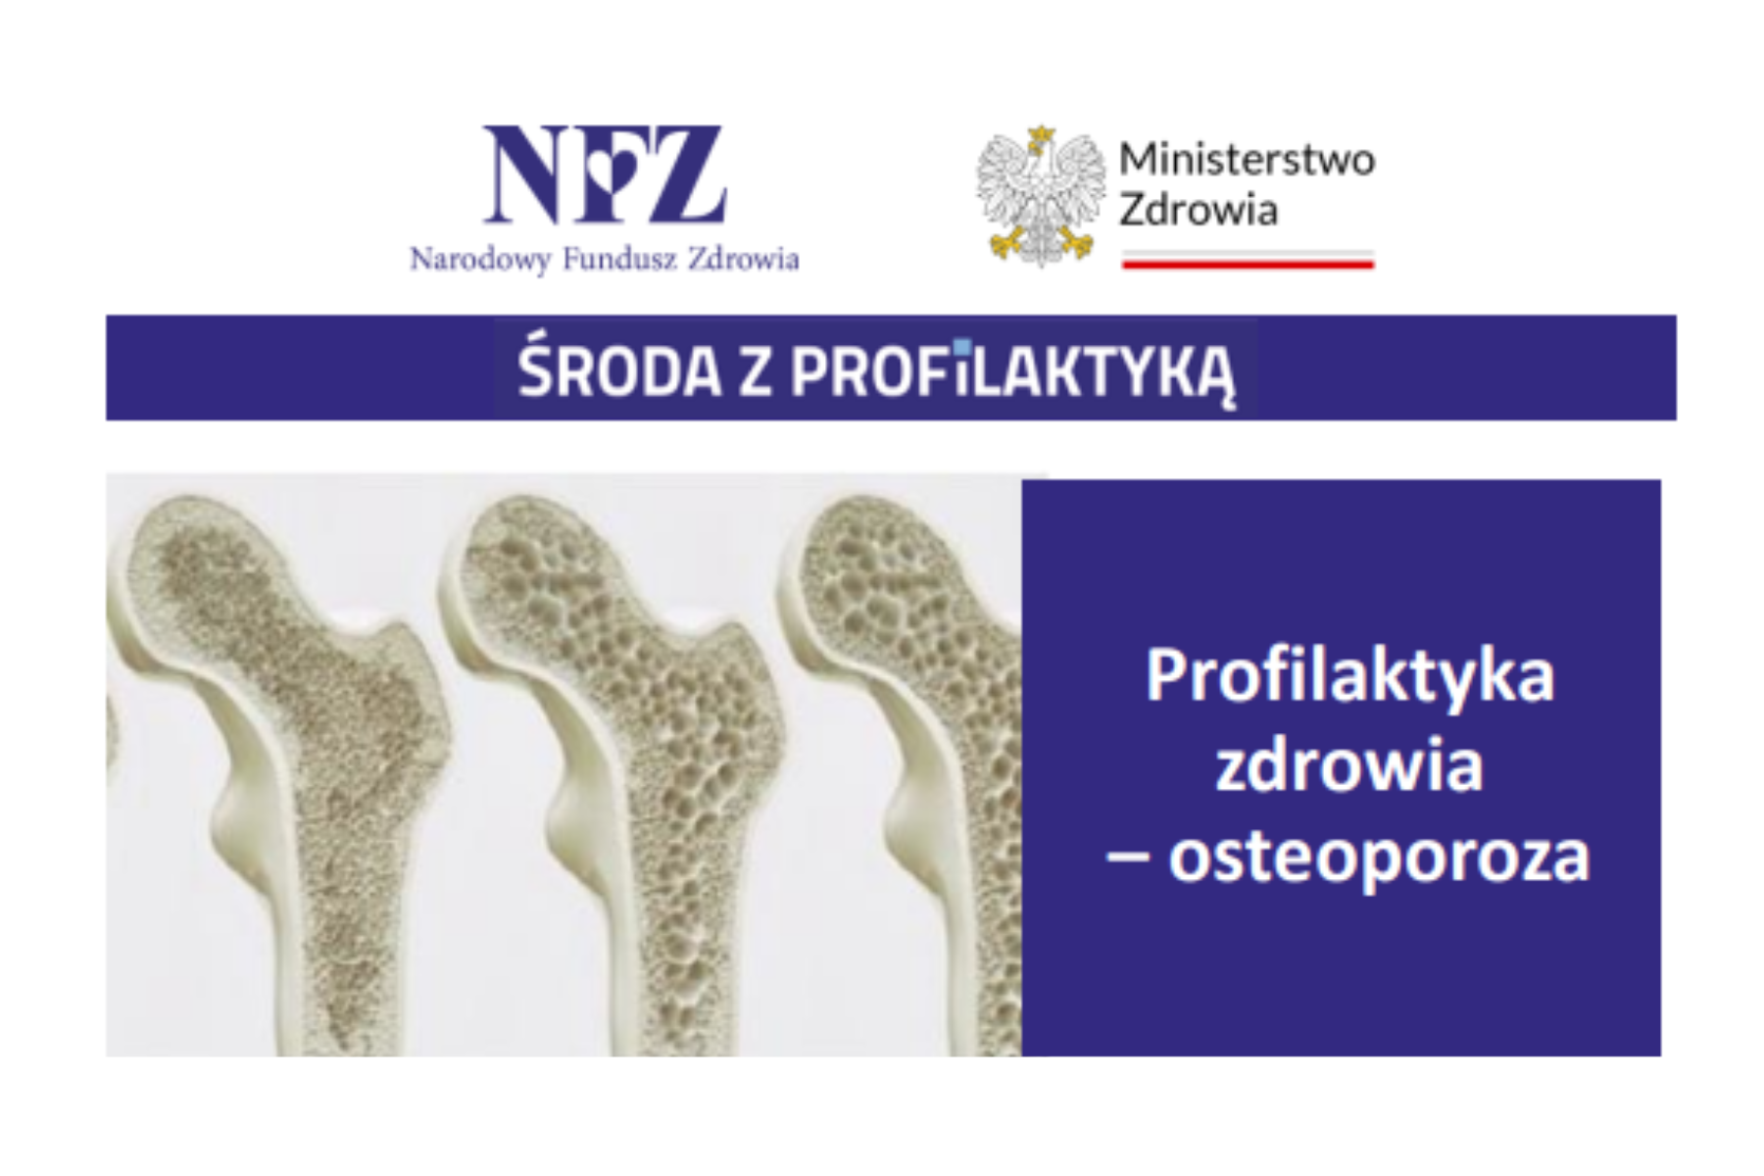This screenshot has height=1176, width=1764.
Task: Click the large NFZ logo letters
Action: point(605,174)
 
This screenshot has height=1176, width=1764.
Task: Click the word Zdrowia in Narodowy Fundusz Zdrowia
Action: point(744,259)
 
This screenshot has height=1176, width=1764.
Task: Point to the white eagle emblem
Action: point(1041,196)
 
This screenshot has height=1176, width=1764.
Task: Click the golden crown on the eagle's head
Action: point(1041,134)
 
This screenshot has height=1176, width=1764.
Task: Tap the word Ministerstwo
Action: point(1247,160)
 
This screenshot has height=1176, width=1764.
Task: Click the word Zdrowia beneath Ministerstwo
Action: point(1199,210)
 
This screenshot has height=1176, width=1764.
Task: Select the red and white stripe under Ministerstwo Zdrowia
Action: point(1248,260)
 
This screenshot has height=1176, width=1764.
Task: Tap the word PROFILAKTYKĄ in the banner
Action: point(1012,373)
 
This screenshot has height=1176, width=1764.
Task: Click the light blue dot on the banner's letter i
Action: point(962,346)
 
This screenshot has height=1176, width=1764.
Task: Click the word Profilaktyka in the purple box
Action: point(1349,676)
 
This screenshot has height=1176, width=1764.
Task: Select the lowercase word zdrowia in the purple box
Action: point(1349,764)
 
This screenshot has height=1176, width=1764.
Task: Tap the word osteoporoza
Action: point(1378,856)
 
